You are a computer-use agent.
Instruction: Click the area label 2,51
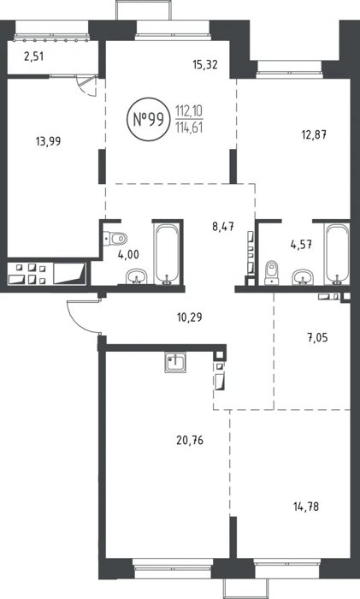[34, 57]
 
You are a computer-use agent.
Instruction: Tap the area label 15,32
[205, 64]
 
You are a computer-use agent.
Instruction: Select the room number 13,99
[48, 141]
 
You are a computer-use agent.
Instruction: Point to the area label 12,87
[314, 135]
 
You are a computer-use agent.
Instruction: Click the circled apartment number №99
[148, 120]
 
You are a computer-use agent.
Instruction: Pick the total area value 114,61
[189, 128]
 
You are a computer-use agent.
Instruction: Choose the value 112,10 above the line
[189, 111]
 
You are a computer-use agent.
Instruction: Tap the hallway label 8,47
[223, 227]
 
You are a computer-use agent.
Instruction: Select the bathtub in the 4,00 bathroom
[167, 253]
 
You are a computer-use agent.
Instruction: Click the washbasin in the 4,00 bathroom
[137, 276]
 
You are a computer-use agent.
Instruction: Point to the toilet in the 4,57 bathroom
[272, 272]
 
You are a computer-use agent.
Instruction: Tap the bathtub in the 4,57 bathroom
[337, 253]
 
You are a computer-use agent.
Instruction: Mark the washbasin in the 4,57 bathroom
[303, 277]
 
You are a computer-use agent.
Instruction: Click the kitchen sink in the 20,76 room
[175, 363]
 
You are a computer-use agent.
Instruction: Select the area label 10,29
[190, 317]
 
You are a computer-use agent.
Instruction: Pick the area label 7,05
[317, 338]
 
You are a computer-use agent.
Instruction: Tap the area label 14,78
[306, 507]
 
